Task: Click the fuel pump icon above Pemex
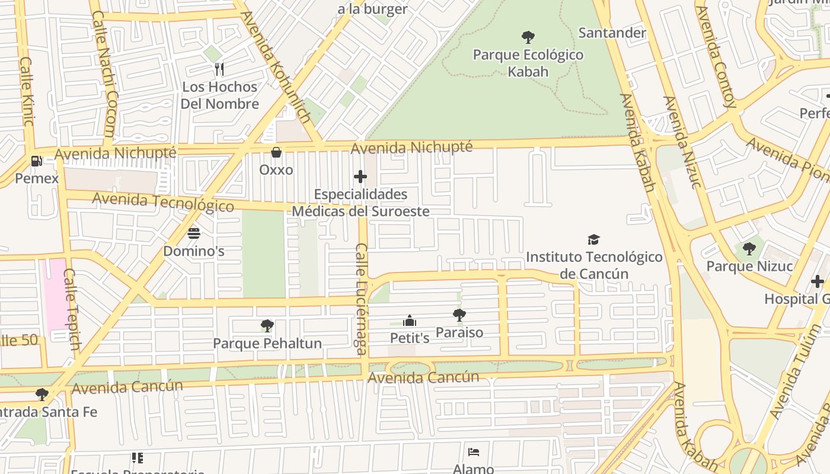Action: [x=36, y=161]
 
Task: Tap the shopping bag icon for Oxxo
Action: [x=276, y=152]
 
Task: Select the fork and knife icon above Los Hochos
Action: [x=219, y=69]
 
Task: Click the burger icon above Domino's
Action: [x=194, y=233]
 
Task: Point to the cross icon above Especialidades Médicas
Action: [x=360, y=177]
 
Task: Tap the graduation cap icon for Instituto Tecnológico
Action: [x=593, y=239]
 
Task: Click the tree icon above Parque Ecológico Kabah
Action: [x=528, y=37]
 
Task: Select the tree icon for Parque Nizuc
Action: [x=749, y=249]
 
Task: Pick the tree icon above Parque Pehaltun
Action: [x=267, y=325]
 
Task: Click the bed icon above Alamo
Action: [x=473, y=452]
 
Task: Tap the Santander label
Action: [x=612, y=33]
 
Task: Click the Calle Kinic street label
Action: [x=27, y=91]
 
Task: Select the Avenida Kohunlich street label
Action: [x=276, y=68]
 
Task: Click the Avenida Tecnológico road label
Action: [x=163, y=202]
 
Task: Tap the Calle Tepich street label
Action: [x=72, y=309]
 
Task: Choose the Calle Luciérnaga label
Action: [x=362, y=299]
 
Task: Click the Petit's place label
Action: [x=409, y=338]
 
